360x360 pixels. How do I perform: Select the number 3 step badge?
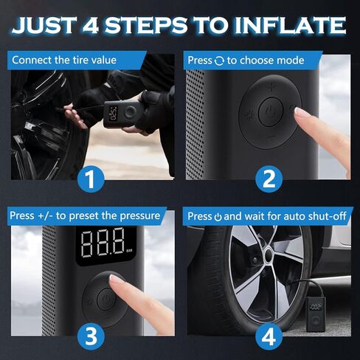coord(91,336)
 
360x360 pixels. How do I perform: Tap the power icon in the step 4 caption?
coord(217,217)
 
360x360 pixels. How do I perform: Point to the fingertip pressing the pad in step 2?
coord(301,113)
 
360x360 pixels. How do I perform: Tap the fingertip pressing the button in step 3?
coord(117,281)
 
